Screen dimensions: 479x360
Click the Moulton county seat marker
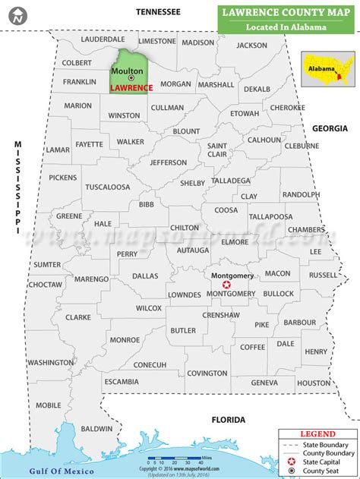click(x=131, y=79)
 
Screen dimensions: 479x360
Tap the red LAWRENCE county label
click(x=131, y=88)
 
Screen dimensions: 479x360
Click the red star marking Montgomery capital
click(x=226, y=285)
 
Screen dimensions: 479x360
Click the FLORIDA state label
click(x=228, y=420)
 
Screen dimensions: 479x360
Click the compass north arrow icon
click(x=14, y=12)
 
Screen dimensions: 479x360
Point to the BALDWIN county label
click(x=96, y=408)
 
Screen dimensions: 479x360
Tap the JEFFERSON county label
click(x=168, y=162)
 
